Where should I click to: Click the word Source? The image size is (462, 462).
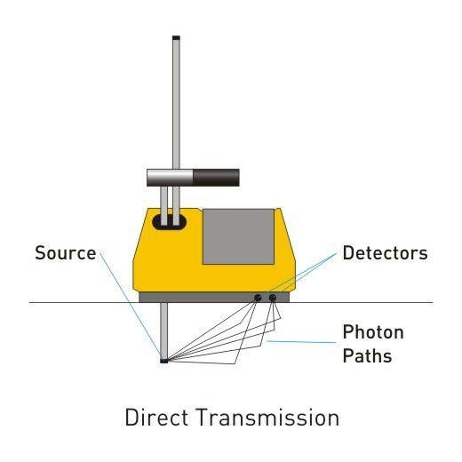[x=66, y=252]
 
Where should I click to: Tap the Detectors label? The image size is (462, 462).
[x=385, y=253]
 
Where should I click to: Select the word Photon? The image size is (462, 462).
[x=373, y=331]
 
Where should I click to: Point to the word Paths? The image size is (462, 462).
[x=367, y=355]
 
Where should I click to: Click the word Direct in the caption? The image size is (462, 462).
[x=156, y=417]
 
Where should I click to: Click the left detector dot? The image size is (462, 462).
[x=258, y=298]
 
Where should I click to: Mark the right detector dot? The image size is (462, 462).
[x=273, y=298]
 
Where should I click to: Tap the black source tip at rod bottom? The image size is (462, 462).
[x=163, y=361]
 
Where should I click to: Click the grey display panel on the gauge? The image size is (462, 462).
[x=238, y=236]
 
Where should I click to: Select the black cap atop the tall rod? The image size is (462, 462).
[x=176, y=38]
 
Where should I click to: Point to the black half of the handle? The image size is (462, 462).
[x=216, y=178]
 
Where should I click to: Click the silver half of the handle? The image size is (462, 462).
[x=170, y=178]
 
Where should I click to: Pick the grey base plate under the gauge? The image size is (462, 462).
[x=214, y=298]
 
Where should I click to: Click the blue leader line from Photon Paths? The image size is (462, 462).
[x=301, y=342]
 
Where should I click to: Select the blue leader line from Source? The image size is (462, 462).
[x=131, y=305]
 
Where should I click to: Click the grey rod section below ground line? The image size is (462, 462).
[x=163, y=331]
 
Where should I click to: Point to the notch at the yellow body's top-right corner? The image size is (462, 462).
[x=277, y=210]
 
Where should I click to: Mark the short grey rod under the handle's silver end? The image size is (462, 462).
[x=163, y=205]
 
